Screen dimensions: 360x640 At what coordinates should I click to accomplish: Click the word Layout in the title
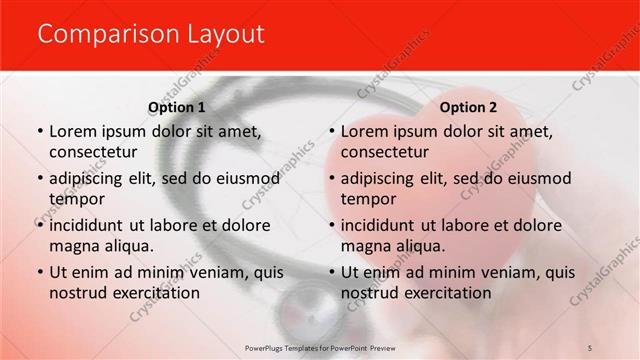[x=227, y=34]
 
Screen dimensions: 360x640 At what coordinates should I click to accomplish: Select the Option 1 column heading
[x=177, y=107]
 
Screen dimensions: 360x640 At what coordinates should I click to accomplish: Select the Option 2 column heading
[x=468, y=107]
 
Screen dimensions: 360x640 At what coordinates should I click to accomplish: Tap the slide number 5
[x=591, y=347]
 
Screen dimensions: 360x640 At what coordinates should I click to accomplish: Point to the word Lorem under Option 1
[x=73, y=131]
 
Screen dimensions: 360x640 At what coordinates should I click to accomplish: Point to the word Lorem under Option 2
[x=365, y=131]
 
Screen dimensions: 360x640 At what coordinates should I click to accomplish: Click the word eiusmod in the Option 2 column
[x=538, y=178]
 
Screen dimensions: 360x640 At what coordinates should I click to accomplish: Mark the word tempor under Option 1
[x=74, y=199]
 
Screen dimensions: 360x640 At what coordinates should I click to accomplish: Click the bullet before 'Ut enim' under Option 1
[x=39, y=272]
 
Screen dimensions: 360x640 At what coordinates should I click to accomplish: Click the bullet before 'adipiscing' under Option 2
[x=331, y=179]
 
